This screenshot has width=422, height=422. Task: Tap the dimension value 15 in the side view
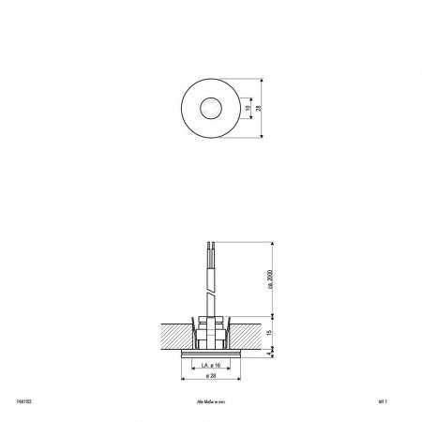(269, 332)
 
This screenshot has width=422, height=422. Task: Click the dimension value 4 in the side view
(270, 354)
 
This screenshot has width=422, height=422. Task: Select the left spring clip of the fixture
(192, 330)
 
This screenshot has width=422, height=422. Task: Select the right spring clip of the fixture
(229, 330)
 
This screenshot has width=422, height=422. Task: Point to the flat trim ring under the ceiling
(210, 353)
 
